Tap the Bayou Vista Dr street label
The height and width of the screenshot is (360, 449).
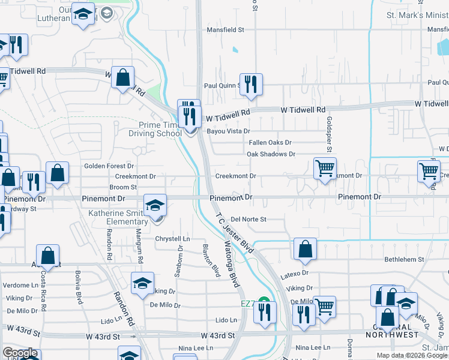tap(228, 131)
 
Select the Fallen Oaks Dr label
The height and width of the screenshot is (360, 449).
tap(270, 143)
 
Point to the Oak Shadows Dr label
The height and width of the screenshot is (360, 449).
tap(271, 154)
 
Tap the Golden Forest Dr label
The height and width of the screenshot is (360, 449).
tap(109, 166)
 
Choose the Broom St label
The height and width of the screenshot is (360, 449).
tap(123, 188)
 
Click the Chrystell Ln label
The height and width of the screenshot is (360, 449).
tap(172, 239)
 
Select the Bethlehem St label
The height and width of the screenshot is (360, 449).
tap(405, 260)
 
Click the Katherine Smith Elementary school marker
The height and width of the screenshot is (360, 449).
tap(155, 206)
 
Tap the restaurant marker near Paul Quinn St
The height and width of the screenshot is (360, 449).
tap(249, 84)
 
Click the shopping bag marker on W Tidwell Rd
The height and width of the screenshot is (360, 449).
tap(122, 77)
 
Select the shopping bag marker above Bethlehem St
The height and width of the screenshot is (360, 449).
tap(305, 249)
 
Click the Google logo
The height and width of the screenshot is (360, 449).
tap(20, 353)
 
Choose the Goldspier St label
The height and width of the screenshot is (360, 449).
tap(329, 134)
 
